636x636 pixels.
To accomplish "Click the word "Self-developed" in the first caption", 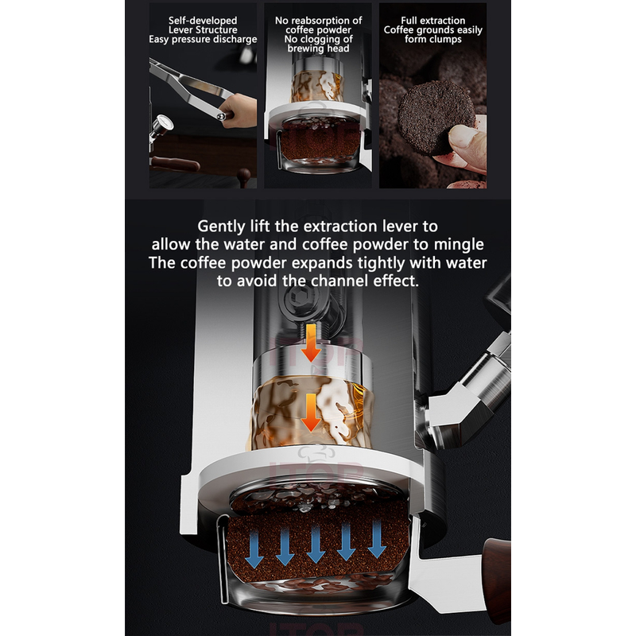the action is [x=203, y=21].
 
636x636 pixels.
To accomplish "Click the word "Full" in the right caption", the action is [x=409, y=21].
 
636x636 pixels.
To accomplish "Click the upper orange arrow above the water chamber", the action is [x=311, y=343].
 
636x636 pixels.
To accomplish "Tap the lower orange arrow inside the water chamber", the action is [x=311, y=413].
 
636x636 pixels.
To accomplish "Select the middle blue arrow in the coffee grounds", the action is [x=316, y=543].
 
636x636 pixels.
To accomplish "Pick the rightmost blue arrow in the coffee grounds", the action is [x=377, y=538].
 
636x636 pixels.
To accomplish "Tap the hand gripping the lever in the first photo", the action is [x=239, y=109].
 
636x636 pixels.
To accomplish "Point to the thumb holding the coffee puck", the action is [x=466, y=141].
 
